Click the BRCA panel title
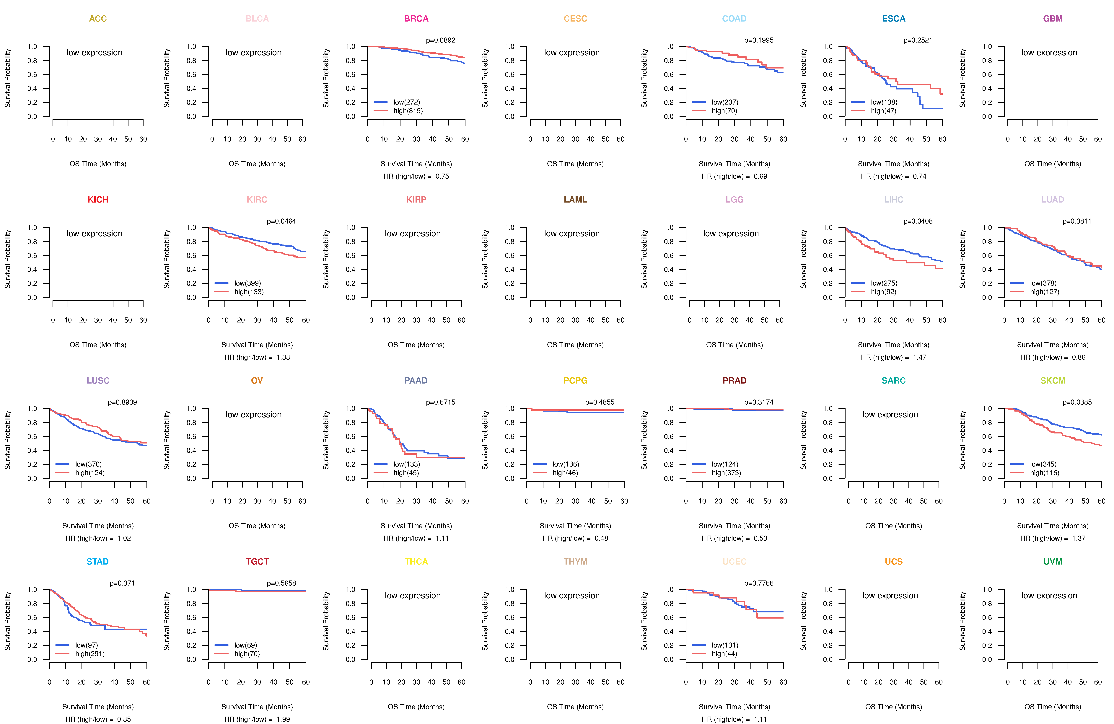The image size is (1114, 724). [416, 19]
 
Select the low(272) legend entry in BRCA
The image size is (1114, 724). [406, 102]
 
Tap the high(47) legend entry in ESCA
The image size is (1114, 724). [883, 111]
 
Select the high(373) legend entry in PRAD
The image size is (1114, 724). [726, 473]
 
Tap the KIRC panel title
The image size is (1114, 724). [257, 200]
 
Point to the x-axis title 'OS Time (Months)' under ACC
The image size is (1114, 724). [98, 164]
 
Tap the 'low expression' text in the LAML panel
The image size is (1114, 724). [571, 234]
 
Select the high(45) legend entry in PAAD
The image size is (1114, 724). [406, 473]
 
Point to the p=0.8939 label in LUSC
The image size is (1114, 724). [122, 402]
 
